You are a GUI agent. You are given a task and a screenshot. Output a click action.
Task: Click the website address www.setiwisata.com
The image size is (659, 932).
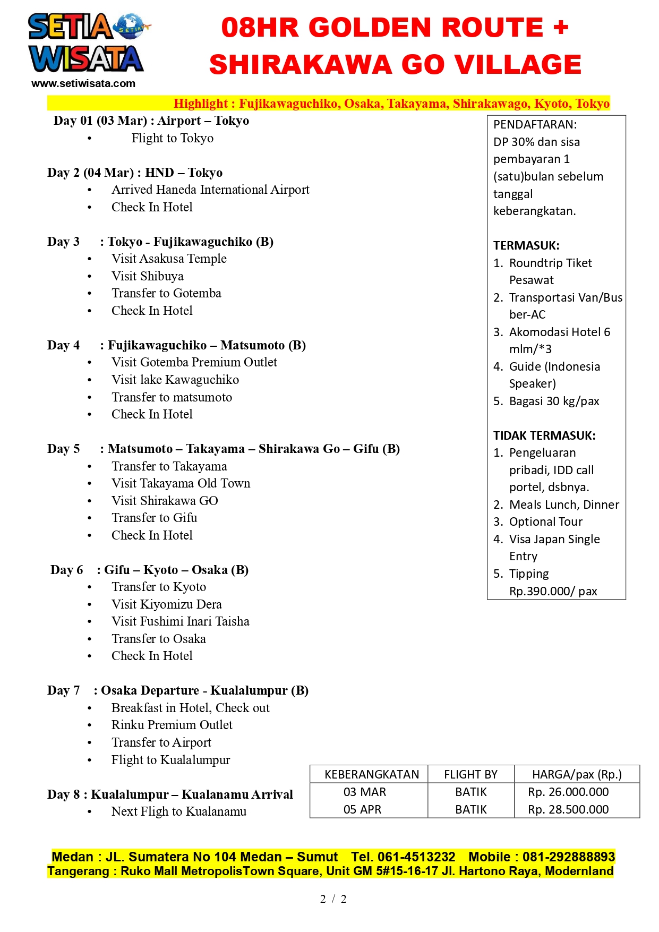click(83, 83)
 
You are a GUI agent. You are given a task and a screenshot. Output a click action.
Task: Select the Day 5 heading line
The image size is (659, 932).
click(223, 449)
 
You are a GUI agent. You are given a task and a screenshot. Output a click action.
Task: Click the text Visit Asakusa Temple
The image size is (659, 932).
click(169, 259)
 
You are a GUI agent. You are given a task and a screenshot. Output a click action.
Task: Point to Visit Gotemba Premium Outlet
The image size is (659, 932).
click(194, 362)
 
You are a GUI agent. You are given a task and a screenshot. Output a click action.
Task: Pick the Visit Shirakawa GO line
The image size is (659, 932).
click(165, 501)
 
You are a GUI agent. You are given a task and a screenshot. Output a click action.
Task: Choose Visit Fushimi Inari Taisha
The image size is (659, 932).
click(180, 621)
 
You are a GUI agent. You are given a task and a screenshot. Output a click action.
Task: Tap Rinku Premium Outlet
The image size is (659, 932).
click(172, 725)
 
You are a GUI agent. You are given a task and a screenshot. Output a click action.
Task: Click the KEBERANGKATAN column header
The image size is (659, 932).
click(372, 774)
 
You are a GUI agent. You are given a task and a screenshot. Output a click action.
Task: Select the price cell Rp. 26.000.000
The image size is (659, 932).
click(568, 792)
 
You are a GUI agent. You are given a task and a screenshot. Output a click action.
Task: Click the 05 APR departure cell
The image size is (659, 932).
click(362, 809)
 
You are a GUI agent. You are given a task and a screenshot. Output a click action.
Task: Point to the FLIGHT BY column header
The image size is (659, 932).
click(470, 774)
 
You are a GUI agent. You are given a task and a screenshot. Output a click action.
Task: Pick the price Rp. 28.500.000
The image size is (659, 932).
click(568, 809)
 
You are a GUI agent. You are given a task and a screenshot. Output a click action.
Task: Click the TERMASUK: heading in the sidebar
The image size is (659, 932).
click(526, 245)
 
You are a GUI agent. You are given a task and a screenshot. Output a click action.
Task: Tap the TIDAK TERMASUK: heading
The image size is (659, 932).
click(544, 435)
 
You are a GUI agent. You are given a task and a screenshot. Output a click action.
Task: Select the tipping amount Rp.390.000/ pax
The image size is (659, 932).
click(553, 591)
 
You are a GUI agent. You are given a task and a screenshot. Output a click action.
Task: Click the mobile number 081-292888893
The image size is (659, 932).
click(568, 857)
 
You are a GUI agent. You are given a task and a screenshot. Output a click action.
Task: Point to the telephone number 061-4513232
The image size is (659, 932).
click(416, 857)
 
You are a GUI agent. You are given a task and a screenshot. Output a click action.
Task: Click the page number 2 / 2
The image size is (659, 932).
click(333, 899)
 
